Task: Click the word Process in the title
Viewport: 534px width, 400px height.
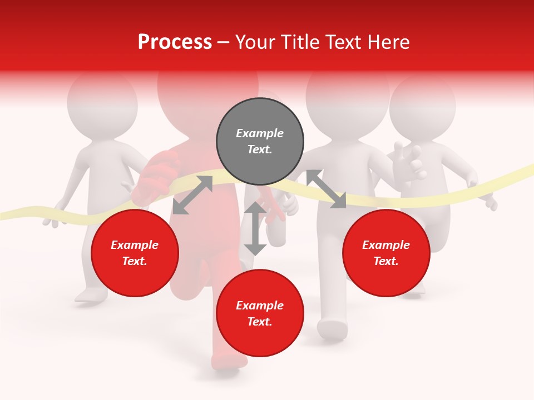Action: click(x=175, y=42)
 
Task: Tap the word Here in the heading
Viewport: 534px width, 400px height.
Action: click(x=386, y=42)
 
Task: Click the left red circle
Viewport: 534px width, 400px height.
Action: click(x=135, y=253)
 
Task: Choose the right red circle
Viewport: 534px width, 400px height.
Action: click(x=386, y=253)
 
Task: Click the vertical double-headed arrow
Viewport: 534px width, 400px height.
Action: click(x=255, y=228)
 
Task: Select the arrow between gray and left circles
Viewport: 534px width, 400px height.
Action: click(x=192, y=195)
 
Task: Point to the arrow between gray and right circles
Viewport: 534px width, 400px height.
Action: click(x=326, y=189)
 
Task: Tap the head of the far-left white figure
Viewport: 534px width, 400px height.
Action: click(x=102, y=103)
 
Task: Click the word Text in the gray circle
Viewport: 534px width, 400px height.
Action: click(x=259, y=149)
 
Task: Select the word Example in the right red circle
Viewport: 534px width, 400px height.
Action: click(x=386, y=245)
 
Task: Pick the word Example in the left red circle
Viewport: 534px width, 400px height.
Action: click(x=135, y=245)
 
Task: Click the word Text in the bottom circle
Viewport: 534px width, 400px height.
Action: click(x=259, y=322)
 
